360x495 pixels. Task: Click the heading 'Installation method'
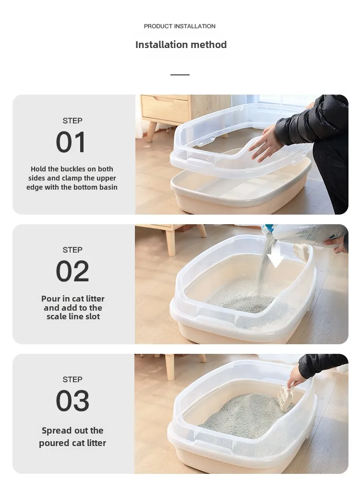pos(181,45)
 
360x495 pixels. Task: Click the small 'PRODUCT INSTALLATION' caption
pos(180,26)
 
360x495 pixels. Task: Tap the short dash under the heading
pos(180,75)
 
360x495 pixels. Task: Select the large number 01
pos(72,142)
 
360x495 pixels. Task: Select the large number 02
pos(72,271)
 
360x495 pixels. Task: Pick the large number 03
pos(72,401)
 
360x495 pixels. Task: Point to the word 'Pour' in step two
pos(50,299)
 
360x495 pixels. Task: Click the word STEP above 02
pos(72,250)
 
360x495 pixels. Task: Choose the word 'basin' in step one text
pos(107,187)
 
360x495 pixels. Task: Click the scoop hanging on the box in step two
pos(301,252)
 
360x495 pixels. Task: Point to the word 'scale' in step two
pos(57,316)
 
